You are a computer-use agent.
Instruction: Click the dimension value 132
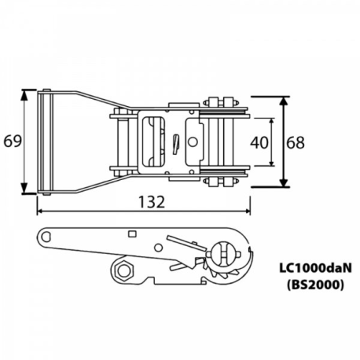(x=152, y=202)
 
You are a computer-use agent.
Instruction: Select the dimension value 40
(x=259, y=143)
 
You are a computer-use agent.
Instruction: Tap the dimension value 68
(x=296, y=143)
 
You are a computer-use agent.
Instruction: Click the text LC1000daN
(x=315, y=268)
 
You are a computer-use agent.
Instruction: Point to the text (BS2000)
(x=315, y=285)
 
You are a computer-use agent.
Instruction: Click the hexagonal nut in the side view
(x=123, y=270)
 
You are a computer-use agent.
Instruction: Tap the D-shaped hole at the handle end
(x=46, y=237)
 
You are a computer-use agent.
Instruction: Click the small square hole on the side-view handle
(x=132, y=233)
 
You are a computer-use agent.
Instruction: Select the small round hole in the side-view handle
(x=158, y=248)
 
